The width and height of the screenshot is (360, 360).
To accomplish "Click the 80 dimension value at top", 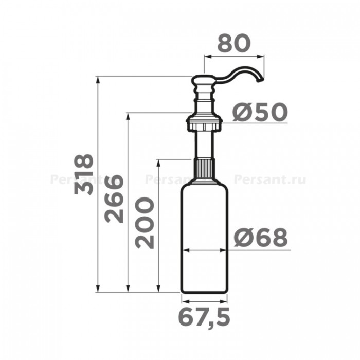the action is pos(233,43).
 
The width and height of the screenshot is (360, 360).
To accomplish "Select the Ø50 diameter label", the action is pos(260,112).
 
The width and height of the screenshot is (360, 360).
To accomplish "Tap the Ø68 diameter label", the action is pos(261,238).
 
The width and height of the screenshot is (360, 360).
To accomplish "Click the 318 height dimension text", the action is pos(84,174).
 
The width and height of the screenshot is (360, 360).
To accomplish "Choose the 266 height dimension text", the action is pos(114,199).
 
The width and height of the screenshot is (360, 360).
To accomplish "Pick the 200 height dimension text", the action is pos(145,223).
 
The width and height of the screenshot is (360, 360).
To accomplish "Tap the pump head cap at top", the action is pos(204,80).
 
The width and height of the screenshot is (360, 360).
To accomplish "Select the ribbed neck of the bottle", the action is pos(204,170).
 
